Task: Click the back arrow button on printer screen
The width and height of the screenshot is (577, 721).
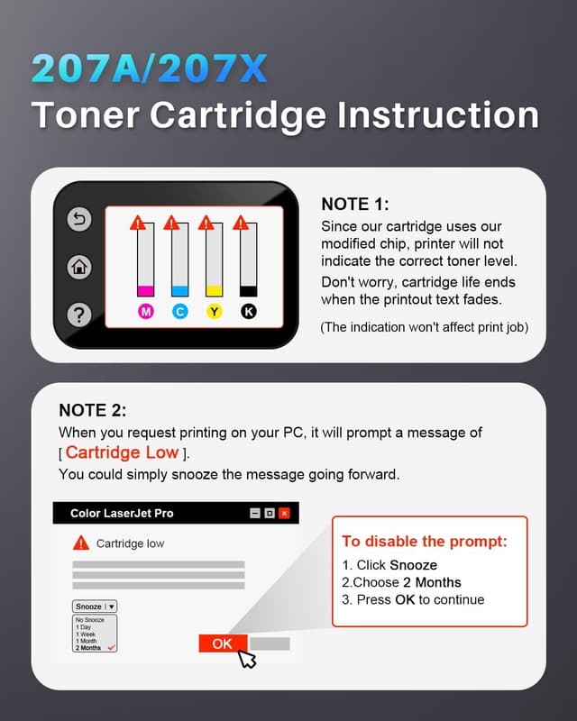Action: [x=79, y=219]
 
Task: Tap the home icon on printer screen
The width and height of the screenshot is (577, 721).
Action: [x=79, y=267]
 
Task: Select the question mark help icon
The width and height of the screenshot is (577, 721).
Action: [x=79, y=315]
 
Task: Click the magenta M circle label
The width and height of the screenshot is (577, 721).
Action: [x=146, y=312]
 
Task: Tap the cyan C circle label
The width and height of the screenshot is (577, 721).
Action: [x=180, y=312]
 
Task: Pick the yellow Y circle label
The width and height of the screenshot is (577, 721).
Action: [x=214, y=312]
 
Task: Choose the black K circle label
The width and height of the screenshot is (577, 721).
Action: [x=249, y=312]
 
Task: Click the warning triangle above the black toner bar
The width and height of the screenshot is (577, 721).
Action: [x=241, y=223]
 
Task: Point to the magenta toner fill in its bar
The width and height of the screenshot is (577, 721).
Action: [x=145, y=290]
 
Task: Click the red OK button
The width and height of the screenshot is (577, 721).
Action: [x=223, y=643]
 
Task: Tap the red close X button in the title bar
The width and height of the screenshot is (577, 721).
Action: [x=284, y=513]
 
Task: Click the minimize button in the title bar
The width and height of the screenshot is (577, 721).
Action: [x=255, y=513]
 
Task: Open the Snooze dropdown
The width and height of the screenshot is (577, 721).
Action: [x=95, y=607]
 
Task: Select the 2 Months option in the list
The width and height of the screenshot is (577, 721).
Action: [x=88, y=648]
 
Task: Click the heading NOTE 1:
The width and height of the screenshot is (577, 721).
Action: [x=354, y=205]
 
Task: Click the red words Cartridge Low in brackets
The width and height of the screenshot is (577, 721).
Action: [x=122, y=452]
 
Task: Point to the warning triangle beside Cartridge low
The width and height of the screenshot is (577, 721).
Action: [x=81, y=543]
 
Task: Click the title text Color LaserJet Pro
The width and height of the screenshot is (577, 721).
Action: [x=122, y=513]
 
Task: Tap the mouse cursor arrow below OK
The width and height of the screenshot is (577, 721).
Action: [x=247, y=658]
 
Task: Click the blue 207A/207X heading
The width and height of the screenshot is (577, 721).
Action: [x=149, y=68]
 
